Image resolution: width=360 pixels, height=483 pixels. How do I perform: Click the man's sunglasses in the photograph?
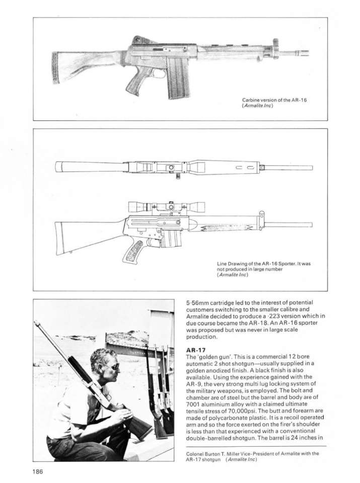click(x=112, y=366)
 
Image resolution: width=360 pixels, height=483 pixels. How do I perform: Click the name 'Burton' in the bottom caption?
click(x=211, y=453)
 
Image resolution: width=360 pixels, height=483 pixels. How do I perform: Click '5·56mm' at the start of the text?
click(x=197, y=303)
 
